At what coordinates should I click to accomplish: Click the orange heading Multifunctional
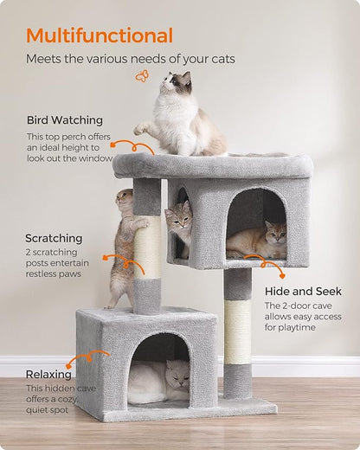(x=99, y=35)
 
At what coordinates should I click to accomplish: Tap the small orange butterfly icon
(x=141, y=76)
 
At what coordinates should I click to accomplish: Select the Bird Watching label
(x=64, y=120)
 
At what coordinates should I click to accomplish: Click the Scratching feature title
(x=54, y=238)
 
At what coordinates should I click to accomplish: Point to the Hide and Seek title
(x=302, y=292)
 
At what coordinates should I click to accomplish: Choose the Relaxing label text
(x=48, y=375)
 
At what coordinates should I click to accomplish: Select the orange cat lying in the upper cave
(x=257, y=241)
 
